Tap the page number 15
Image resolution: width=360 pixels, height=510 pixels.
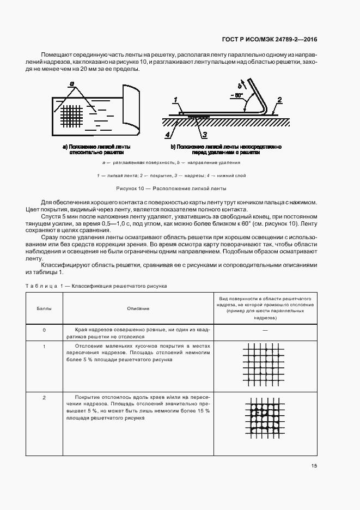314,466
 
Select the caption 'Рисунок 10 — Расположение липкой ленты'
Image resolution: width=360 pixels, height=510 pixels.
171,188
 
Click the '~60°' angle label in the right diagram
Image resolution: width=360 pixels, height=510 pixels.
236,95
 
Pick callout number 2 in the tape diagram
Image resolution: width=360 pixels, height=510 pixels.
278,100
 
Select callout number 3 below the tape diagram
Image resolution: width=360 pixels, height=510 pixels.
204,134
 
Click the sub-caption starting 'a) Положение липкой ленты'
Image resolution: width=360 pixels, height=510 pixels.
96,150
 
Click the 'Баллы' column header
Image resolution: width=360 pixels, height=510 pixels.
44,308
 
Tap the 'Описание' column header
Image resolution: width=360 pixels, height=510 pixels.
138,308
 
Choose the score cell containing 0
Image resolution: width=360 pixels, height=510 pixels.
44,330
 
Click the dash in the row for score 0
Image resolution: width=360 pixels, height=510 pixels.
265,330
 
